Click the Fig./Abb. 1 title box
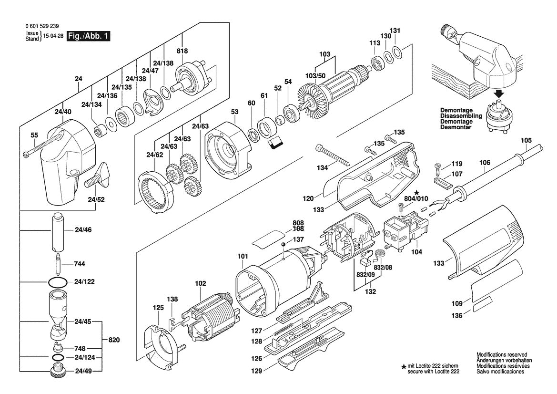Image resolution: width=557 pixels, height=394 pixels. [88, 36]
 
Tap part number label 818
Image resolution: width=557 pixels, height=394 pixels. [182, 51]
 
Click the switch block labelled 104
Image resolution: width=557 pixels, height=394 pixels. [405, 231]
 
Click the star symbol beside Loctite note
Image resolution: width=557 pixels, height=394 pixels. [404, 365]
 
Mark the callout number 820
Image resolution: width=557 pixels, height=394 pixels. [114, 340]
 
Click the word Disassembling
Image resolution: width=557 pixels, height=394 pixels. [461, 116]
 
